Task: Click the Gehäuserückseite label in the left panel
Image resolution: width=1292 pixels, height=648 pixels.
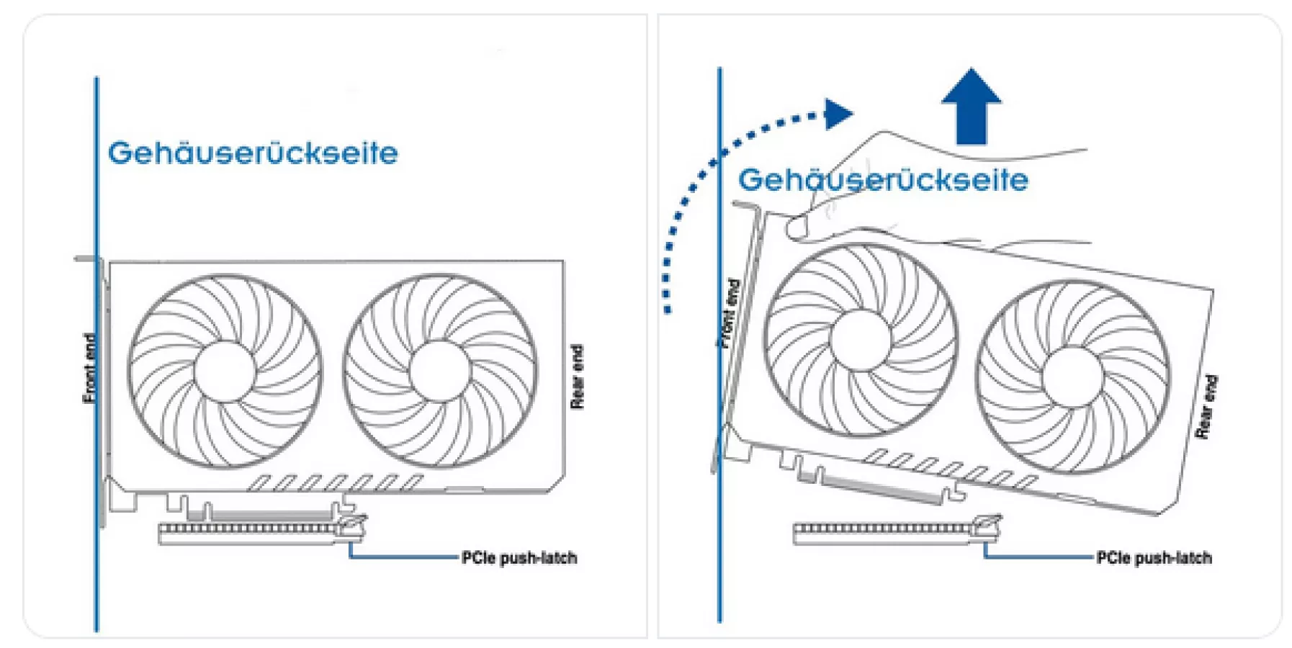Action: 253,153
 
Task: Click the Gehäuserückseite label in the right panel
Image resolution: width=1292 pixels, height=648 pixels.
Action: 883,180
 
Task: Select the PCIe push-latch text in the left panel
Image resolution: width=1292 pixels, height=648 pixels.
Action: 519,558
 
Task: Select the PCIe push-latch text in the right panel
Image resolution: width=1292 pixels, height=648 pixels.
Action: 1154,558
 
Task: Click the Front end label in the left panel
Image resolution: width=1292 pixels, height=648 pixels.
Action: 90,368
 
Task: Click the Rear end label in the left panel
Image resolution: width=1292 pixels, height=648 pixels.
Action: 577,377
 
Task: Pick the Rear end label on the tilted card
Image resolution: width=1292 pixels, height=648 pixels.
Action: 1206,408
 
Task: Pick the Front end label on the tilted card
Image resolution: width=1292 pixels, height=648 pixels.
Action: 730,314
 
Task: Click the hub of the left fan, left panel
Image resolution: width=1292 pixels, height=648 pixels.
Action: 225,372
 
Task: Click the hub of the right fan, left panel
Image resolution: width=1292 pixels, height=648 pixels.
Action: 439,372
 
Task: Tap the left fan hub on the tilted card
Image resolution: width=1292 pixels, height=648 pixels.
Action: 861,341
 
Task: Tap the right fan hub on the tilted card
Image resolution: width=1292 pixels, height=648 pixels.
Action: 1072,377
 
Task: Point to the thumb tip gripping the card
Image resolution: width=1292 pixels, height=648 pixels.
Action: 798,229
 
